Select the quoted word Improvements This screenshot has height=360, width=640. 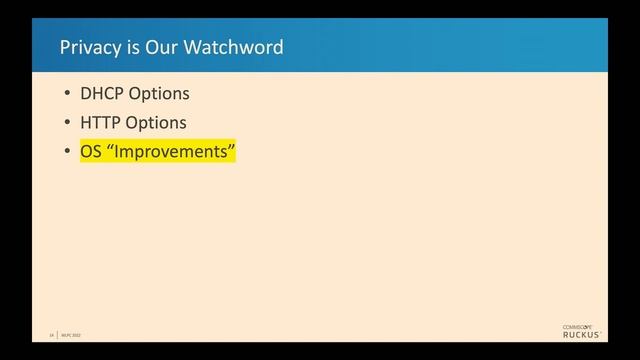tap(170, 152)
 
